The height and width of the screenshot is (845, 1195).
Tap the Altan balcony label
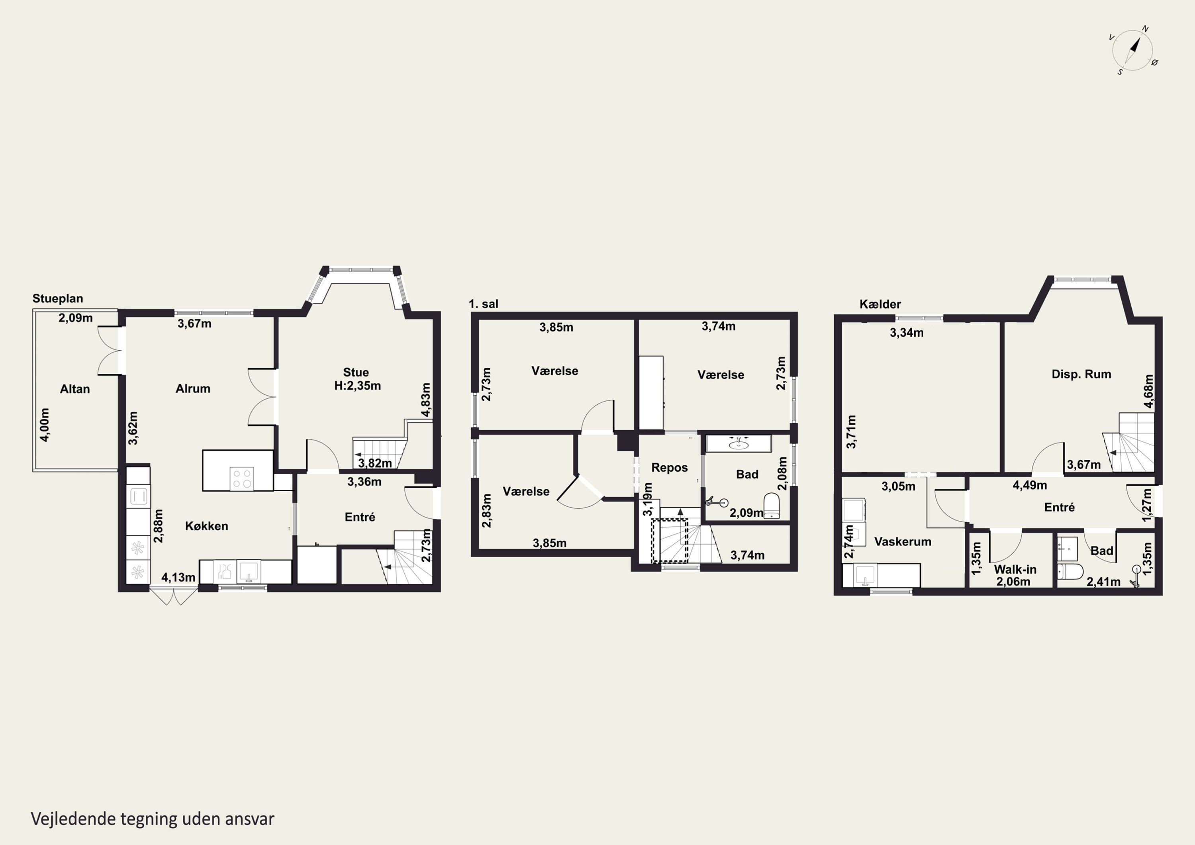coord(75,389)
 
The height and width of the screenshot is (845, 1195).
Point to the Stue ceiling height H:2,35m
coord(358,386)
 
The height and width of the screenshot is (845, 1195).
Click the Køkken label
coord(207,526)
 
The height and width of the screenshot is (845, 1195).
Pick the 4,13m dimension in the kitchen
coord(178,577)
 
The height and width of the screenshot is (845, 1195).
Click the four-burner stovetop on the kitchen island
coord(242,479)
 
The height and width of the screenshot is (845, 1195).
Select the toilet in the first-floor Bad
coord(772,506)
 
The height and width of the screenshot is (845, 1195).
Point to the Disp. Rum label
coord(1081,374)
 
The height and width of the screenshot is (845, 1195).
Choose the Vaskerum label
coord(903,541)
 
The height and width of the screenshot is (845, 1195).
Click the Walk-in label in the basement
coord(1015,570)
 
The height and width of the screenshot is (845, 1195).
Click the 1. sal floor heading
coord(484,304)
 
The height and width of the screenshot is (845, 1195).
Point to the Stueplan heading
coord(58,298)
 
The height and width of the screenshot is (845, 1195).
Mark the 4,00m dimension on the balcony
coord(45,425)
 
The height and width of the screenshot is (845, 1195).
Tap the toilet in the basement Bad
coord(1071,571)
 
